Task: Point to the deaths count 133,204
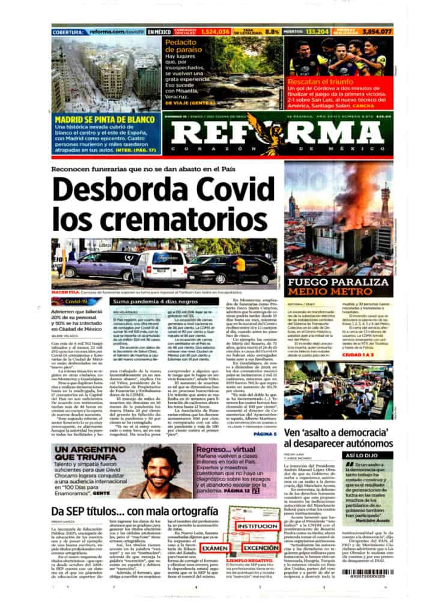coord(317,31)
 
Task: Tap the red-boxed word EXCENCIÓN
coord(260,548)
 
